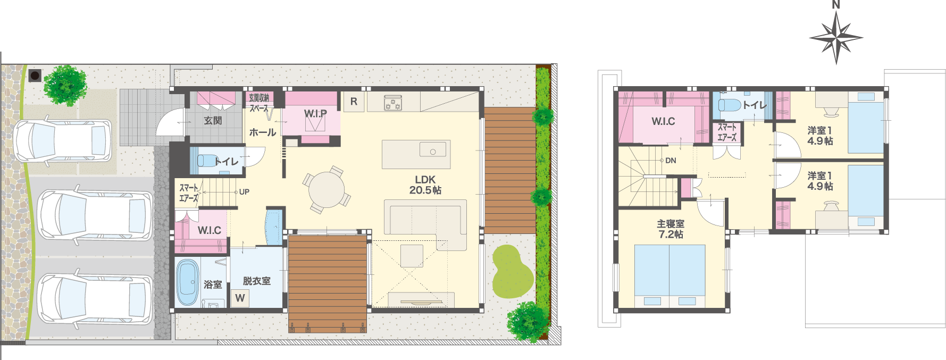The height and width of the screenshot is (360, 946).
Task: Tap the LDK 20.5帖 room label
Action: coord(425,185)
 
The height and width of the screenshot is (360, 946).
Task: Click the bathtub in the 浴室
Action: coord(187,282)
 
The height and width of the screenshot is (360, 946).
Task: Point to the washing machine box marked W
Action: coord(240,298)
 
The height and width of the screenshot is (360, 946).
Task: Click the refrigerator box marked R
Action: coord(354,102)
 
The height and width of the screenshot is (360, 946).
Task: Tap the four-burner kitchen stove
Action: coord(393,103)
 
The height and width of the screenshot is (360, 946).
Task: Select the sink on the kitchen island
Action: coord(433,149)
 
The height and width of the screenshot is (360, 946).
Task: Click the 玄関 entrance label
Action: coord(213,121)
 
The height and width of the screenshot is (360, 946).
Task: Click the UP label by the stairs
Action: coord(244,192)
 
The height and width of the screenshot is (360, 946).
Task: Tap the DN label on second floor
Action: coord(671,161)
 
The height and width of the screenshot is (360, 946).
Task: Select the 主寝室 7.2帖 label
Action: coord(671,229)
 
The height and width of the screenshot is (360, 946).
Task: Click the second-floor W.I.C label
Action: coord(663,121)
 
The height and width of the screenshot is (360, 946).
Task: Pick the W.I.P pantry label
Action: coord(315,114)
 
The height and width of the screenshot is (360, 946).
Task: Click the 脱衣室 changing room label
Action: coord(256,281)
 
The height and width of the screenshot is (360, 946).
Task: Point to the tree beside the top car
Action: coord(65,86)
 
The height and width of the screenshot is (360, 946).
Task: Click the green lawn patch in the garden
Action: coord(512,271)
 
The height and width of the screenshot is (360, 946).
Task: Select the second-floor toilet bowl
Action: coord(730,105)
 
